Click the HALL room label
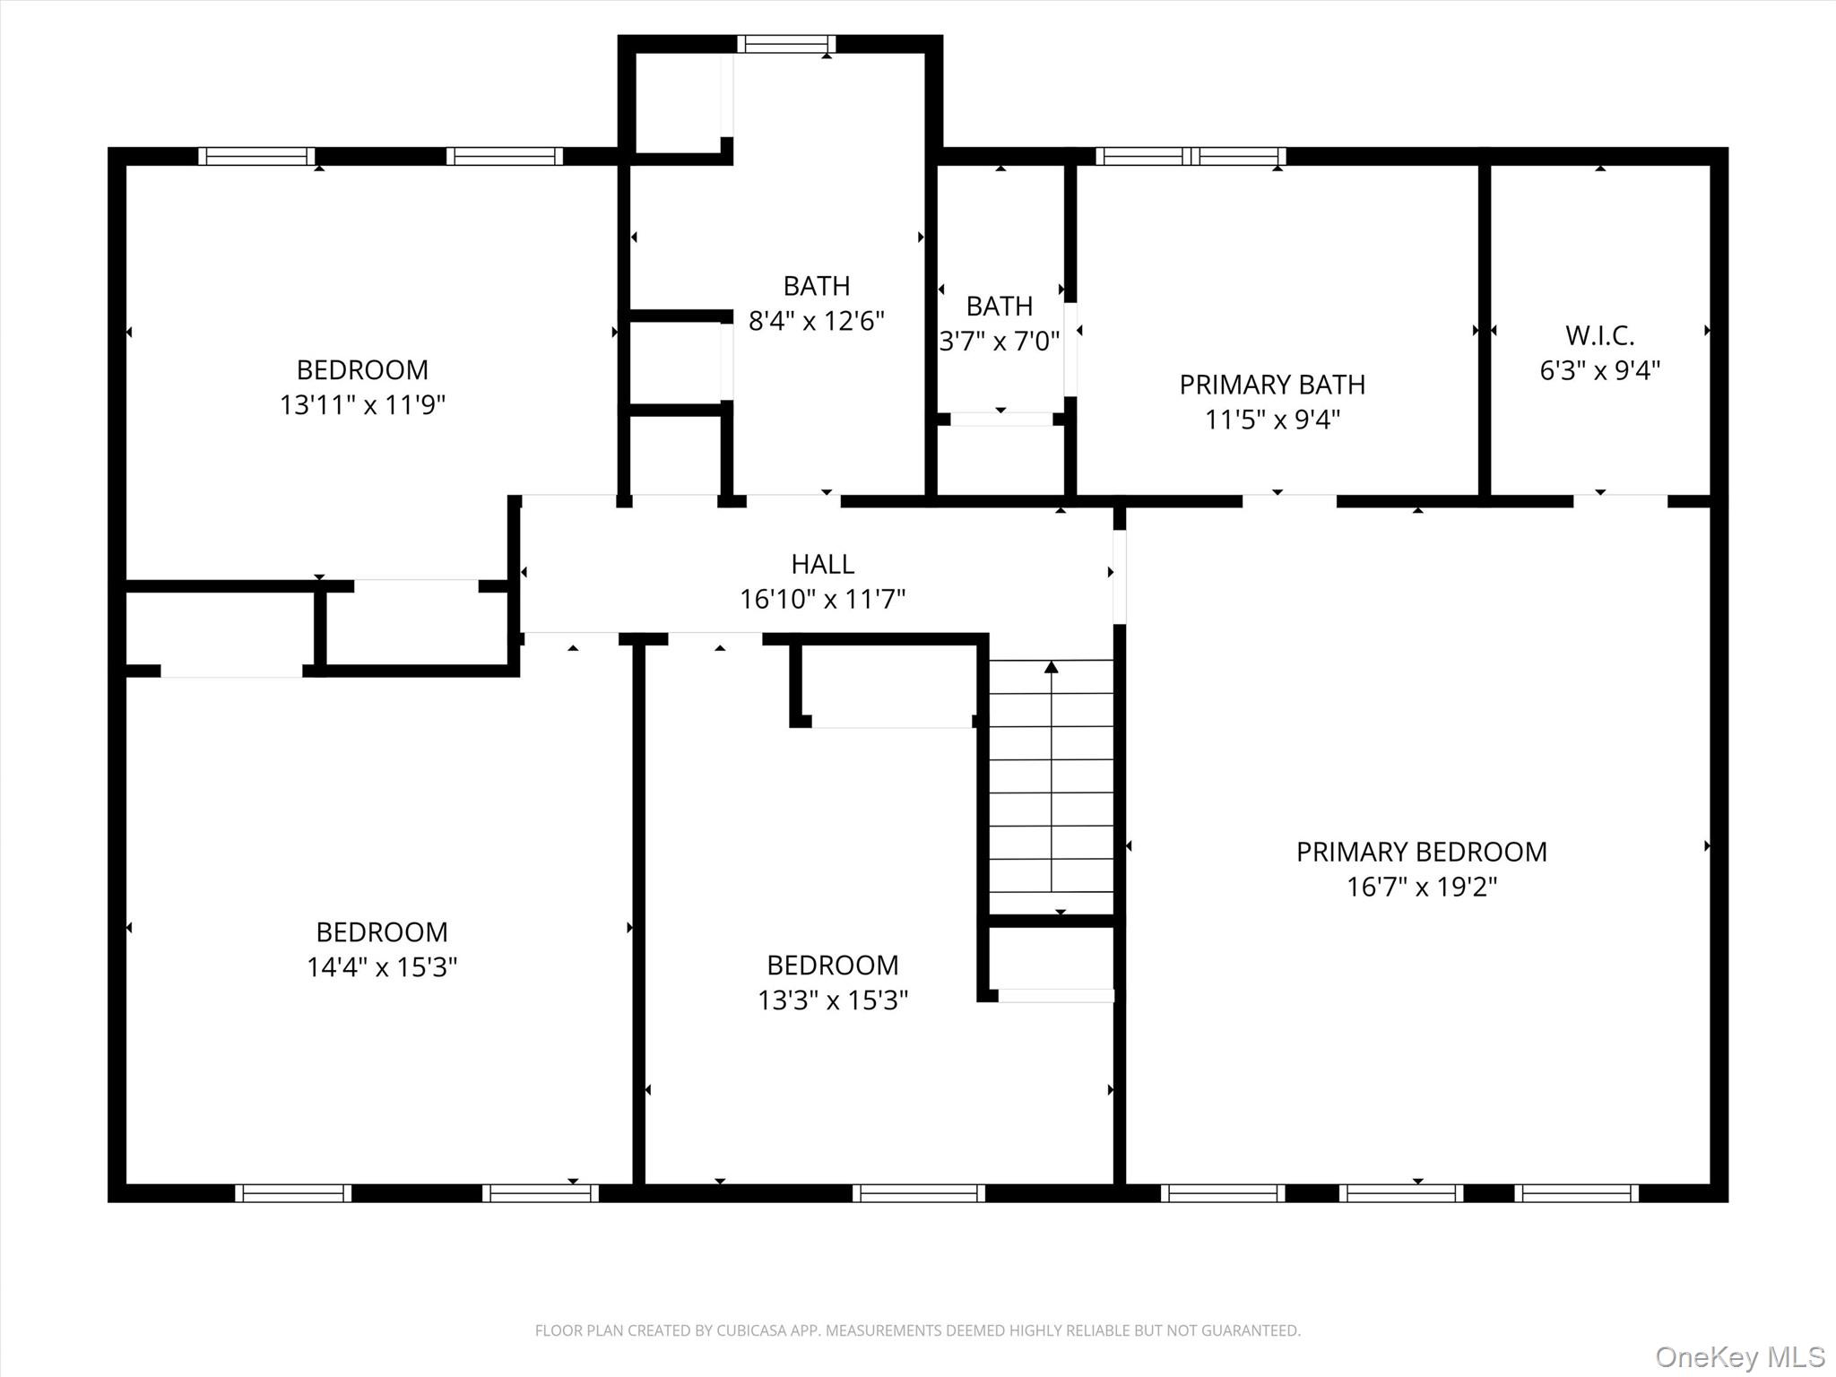pyautogui.click(x=822, y=564)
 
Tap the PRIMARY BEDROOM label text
pyautogui.click(x=1421, y=852)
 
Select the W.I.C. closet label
pyautogui.click(x=1599, y=335)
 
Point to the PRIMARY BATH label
pyautogui.click(x=1271, y=385)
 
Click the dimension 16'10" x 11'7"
pyautogui.click(x=822, y=599)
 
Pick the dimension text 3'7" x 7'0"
pyautogui.click(x=999, y=342)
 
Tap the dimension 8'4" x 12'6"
pyautogui.click(x=816, y=321)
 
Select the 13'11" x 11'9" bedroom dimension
pyautogui.click(x=362, y=405)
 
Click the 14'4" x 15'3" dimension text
pyautogui.click(x=382, y=967)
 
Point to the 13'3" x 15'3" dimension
pyautogui.click(x=833, y=1000)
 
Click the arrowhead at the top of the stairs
pyautogui.click(x=1052, y=667)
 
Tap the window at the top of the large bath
pyautogui.click(x=786, y=44)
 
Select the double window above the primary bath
pyautogui.click(x=1191, y=156)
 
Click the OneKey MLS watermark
pyautogui.click(x=1739, y=1356)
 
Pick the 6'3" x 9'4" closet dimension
pyautogui.click(x=1599, y=370)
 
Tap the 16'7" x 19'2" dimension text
pyautogui.click(x=1421, y=887)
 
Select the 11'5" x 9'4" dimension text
pyautogui.click(x=1271, y=420)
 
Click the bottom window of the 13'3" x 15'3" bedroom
pyautogui.click(x=918, y=1193)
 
